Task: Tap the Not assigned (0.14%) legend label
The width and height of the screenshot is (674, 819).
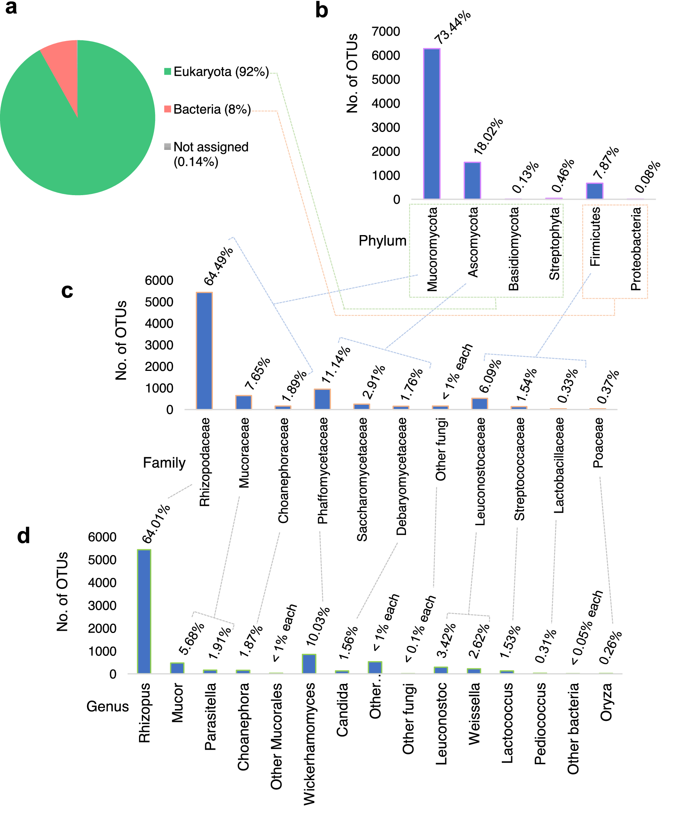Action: click(x=211, y=154)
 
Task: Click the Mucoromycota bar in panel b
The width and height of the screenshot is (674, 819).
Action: click(x=432, y=124)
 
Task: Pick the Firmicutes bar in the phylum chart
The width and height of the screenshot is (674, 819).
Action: click(x=595, y=191)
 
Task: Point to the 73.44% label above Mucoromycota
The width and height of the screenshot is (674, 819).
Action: click(x=452, y=27)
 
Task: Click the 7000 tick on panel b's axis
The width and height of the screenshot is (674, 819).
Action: click(x=385, y=32)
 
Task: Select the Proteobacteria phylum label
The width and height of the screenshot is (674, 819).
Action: click(x=636, y=249)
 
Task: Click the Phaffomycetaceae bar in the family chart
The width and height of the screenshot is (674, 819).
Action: click(x=322, y=399)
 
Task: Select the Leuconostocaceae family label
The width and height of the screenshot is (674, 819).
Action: click(x=481, y=471)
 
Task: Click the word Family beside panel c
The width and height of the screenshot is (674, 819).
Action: click(x=164, y=463)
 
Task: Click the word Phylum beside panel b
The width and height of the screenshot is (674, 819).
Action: click(x=382, y=241)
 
